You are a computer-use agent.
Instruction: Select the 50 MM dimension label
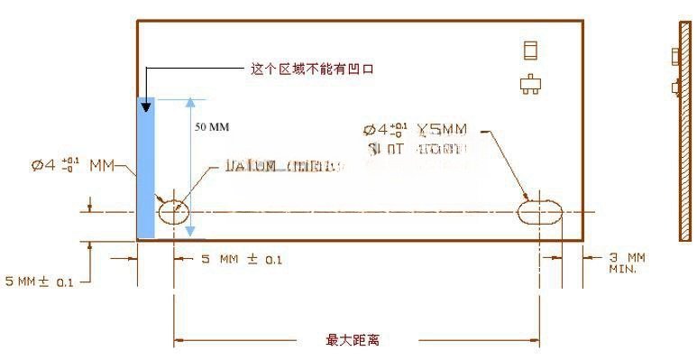214,126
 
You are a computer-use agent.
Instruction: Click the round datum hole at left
174,213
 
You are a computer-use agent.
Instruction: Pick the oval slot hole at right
541,213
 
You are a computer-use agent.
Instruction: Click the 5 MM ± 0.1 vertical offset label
40,282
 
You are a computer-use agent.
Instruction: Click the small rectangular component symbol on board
530,51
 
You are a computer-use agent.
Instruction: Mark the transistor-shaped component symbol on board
530,84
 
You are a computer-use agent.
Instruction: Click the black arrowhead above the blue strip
145,106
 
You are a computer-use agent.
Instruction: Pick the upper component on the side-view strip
675,56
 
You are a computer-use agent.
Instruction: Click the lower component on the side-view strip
676,88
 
